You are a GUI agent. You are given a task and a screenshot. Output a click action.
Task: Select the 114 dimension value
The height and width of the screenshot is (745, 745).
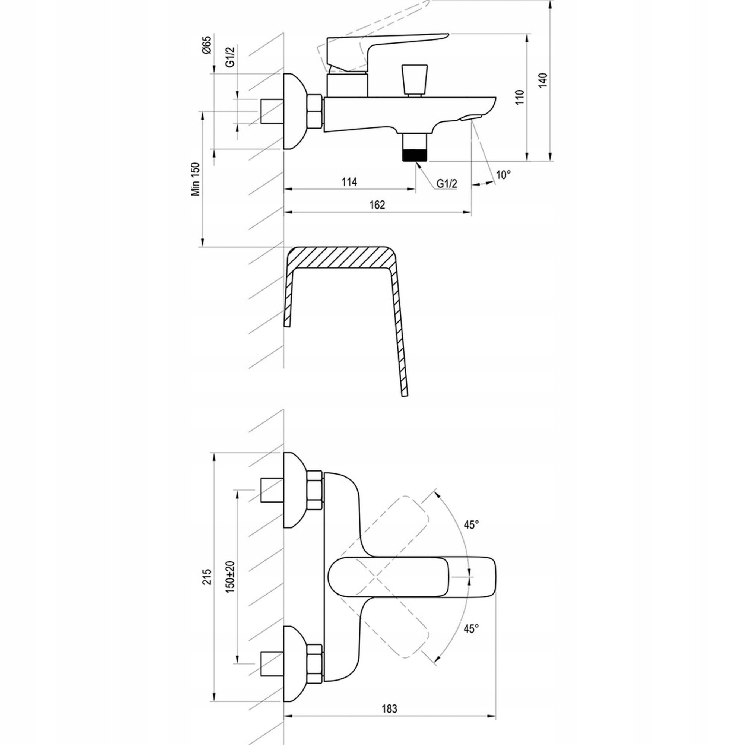point(349,182)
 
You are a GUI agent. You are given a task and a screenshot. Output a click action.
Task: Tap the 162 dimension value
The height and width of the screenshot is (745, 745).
point(377,205)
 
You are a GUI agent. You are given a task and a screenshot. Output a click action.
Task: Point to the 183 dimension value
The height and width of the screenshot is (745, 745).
point(390,698)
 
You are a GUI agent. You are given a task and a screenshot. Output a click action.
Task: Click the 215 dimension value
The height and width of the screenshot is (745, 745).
point(208,577)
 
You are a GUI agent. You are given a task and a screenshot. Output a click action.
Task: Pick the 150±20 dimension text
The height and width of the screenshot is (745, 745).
point(231,577)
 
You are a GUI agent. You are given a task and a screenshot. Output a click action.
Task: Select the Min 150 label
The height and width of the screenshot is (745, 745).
point(197,179)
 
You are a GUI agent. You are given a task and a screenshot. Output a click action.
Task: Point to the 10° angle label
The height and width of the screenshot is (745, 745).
point(503,174)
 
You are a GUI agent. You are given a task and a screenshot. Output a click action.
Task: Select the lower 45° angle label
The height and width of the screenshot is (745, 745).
point(471,628)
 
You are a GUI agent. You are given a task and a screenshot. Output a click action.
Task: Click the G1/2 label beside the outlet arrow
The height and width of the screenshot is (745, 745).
point(447,184)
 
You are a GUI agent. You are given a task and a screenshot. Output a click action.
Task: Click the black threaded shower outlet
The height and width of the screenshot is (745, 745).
point(415,155)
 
